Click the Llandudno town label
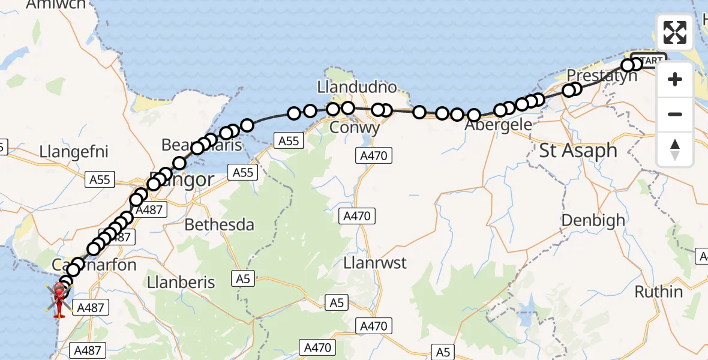coord(357,88)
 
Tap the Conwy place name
coord(355,128)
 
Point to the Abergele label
coord(499,125)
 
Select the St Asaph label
coord(578,150)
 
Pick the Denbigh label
coord(593,220)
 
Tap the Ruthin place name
coord(658,292)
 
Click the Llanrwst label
coord(375,263)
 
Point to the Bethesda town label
coord(219,225)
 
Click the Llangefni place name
coord(74,151)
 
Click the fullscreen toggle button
coord(675,32)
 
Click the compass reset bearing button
coord(675,149)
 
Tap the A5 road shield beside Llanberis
coord(242,279)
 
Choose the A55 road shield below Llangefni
coord(100,179)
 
